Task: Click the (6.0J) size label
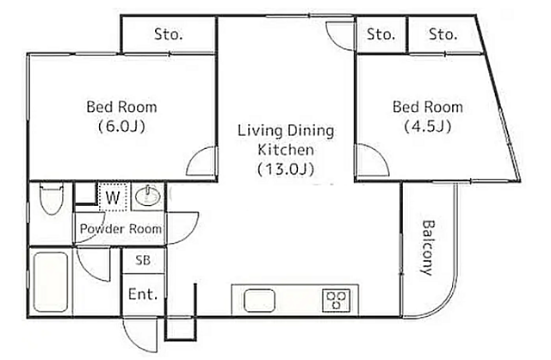121,127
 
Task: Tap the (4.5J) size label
428,127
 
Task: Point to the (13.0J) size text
286,170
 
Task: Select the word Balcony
428,248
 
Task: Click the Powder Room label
121,229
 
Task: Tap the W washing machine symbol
113,197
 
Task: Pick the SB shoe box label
143,260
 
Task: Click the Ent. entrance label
143,295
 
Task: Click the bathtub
51,282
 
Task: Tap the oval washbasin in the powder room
147,196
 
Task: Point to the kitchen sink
259,301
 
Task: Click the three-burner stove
337,301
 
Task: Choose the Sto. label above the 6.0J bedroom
169,34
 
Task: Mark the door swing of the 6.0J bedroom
201,161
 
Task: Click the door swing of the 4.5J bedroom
373,160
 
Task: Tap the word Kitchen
286,150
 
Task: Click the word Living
260,131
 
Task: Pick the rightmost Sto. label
443,34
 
